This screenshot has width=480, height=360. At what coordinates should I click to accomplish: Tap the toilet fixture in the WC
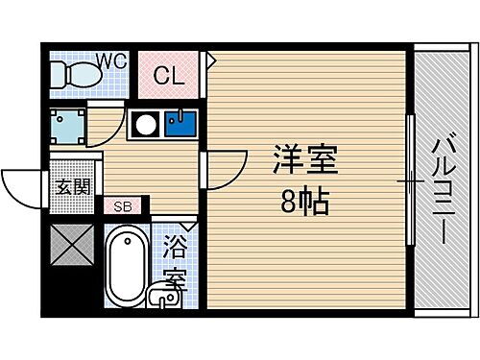tap(77, 73)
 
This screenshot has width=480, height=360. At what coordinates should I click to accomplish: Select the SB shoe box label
tap(124, 205)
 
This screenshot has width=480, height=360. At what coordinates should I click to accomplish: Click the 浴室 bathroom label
tap(176, 262)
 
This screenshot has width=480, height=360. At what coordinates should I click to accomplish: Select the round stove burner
tap(145, 124)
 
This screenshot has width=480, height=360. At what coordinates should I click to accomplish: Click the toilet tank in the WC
tap(58, 74)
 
